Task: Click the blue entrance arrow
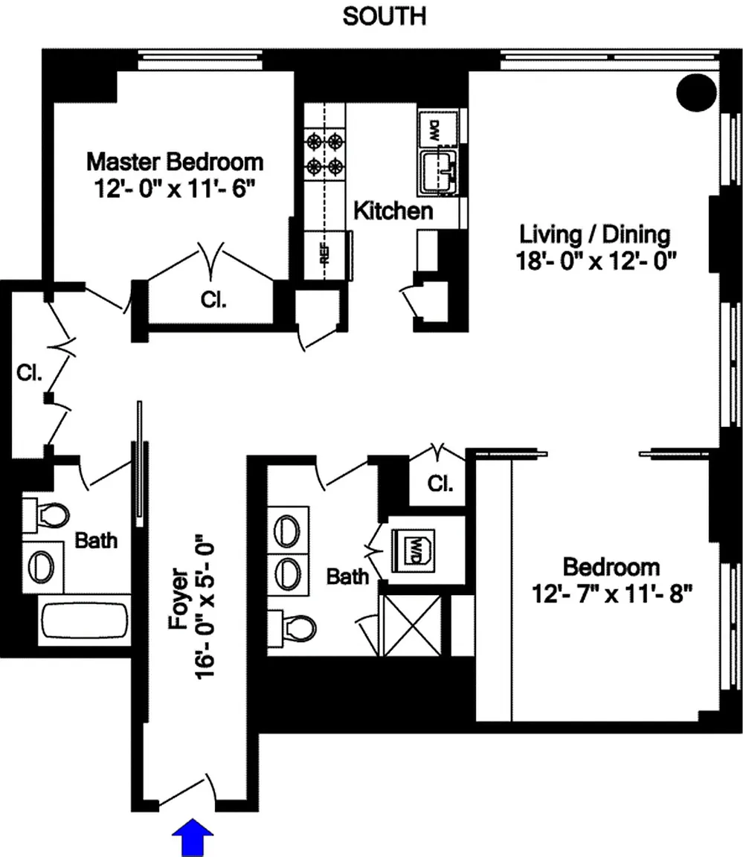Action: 193,837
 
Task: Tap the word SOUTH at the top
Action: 384,16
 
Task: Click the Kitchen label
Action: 393,211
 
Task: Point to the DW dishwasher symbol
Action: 434,129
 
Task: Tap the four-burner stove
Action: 325,153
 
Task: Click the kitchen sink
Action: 439,172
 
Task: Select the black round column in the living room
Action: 697,93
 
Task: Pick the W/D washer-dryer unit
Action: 414,551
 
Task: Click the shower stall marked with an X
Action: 413,626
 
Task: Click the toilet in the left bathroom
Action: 47,514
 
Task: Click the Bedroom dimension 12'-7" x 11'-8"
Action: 612,593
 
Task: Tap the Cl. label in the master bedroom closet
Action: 213,300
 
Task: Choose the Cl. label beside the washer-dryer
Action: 440,484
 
